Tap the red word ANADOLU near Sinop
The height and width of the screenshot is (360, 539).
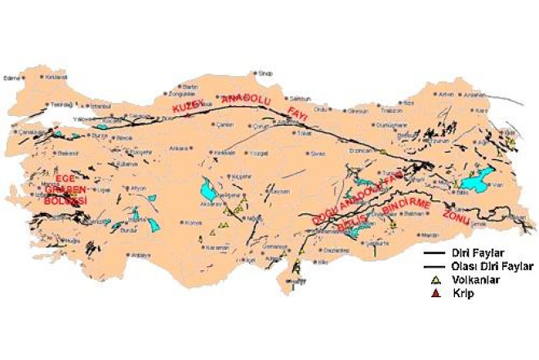(250, 98)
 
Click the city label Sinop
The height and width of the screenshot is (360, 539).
(264, 73)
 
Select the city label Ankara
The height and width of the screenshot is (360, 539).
(178, 149)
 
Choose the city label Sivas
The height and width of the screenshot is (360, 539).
(318, 153)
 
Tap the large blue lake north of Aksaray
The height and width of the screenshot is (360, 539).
(208, 192)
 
